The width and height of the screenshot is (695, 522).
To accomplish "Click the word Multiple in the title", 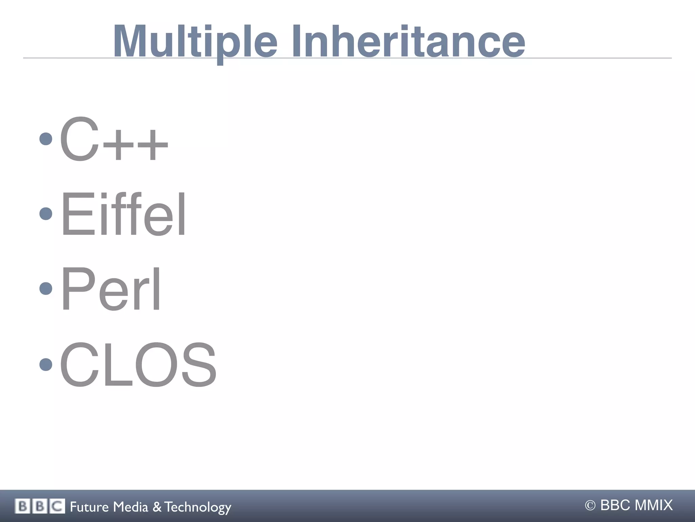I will click(x=195, y=41).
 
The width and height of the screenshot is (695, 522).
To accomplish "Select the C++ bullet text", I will click(x=114, y=139).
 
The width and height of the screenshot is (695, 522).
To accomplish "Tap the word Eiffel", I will click(x=123, y=214).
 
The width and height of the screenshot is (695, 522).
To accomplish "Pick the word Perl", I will click(x=111, y=289).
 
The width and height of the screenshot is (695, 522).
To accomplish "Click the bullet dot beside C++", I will click(x=46, y=138).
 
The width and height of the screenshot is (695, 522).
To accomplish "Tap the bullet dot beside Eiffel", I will click(x=46, y=213).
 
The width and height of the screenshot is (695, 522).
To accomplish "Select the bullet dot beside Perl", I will click(x=46, y=288).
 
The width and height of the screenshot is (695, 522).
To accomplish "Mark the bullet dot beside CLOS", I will click(x=46, y=365).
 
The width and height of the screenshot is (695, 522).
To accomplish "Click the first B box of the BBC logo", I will click(x=22, y=506).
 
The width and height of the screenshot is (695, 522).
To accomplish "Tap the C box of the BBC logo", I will click(x=57, y=506).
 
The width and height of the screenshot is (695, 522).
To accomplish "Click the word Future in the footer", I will click(x=89, y=507).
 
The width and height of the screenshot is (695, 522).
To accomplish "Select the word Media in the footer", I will click(x=131, y=507).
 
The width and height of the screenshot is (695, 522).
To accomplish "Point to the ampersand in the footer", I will click(x=157, y=507).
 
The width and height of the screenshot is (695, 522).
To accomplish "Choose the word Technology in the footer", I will click(x=198, y=507).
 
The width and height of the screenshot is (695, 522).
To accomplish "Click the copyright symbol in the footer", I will click(x=590, y=506).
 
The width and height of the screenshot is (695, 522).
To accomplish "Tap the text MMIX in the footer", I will click(x=653, y=505).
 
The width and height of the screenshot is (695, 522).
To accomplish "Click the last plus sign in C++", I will click(x=153, y=145).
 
